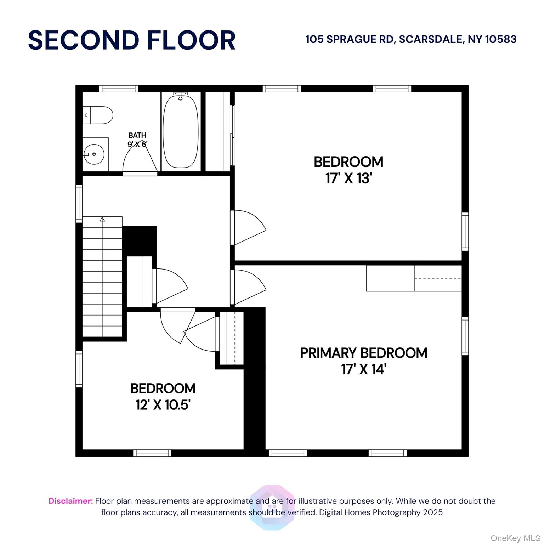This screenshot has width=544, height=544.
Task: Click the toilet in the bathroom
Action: [98, 115]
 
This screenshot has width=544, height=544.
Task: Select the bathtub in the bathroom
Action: [181, 130]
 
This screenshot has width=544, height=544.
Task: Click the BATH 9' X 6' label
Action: [137, 140]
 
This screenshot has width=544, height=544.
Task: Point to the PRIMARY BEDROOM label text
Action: [364, 353]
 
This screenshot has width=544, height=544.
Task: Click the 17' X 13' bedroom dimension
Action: [348, 178]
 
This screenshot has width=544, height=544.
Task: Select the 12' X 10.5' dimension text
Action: [163, 404]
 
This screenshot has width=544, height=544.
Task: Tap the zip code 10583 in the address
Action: [500, 39]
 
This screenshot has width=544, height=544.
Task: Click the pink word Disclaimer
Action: [71, 501]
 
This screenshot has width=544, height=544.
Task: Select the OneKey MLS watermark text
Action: [515, 538]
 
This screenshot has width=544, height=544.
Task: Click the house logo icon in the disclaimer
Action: [272, 508]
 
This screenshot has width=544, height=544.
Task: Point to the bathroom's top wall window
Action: [118, 89]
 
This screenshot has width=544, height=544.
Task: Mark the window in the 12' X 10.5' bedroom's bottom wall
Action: [152, 453]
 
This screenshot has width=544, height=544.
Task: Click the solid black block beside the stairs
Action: [140, 241]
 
